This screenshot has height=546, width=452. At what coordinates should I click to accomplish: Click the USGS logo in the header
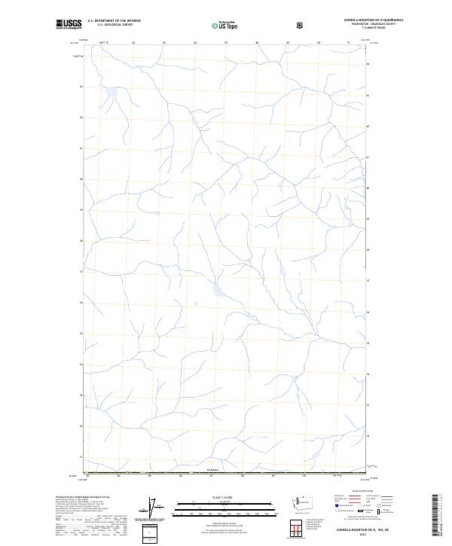tap(70, 25)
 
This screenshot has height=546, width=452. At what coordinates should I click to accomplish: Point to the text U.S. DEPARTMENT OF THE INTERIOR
tap(114, 21)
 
